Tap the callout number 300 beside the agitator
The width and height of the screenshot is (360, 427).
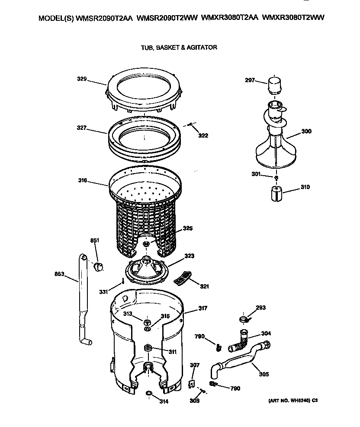coord(306,132)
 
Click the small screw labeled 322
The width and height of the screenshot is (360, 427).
coord(191,125)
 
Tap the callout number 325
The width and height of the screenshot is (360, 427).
coord(187,228)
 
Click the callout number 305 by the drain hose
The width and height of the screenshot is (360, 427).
coord(263,374)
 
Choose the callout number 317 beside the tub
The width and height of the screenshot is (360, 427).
coord(202,308)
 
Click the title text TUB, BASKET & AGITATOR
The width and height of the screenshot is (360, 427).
coord(179,47)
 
